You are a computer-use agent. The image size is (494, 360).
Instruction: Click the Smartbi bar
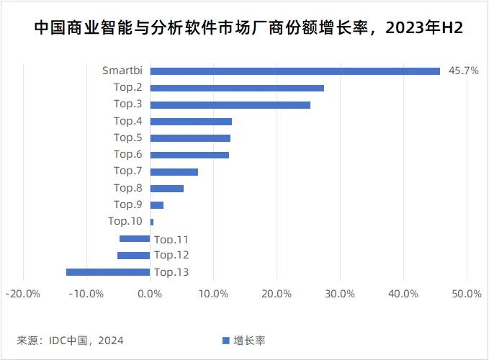pyautogui.click(x=295, y=71)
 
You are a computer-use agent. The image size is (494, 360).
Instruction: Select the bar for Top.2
pyautogui.click(x=237, y=88)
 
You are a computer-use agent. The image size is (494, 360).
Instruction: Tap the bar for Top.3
pyautogui.click(x=230, y=104)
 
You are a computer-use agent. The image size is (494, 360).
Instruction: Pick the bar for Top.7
pyautogui.click(x=174, y=171)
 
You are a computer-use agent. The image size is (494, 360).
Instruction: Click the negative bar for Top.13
pyautogui.click(x=108, y=272)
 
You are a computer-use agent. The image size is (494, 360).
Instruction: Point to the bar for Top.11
pyautogui.click(x=135, y=238)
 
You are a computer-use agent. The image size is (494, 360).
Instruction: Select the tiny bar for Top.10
pyautogui.click(x=152, y=222)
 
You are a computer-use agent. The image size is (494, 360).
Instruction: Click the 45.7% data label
pyautogui.click(x=463, y=71)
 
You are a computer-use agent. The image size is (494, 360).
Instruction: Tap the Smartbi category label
pyautogui.click(x=122, y=71)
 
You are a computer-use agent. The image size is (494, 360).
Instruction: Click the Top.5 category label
pyautogui.click(x=127, y=138)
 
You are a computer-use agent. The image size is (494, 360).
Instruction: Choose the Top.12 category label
pyautogui.click(x=171, y=255)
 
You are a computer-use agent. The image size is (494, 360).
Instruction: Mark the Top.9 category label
pyautogui.click(x=127, y=204)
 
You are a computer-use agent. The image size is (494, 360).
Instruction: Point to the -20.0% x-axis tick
pyautogui.click(x=22, y=294)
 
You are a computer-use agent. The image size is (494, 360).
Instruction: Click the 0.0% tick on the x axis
pyautogui.click(x=150, y=294)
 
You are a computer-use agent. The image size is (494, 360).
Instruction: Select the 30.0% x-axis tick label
pyautogui.click(x=340, y=294)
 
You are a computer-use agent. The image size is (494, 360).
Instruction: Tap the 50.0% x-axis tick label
pyautogui.click(x=467, y=294)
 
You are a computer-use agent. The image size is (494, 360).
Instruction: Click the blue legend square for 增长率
pyautogui.click(x=225, y=341)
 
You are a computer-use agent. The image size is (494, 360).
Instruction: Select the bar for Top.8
pyautogui.click(x=166, y=188)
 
